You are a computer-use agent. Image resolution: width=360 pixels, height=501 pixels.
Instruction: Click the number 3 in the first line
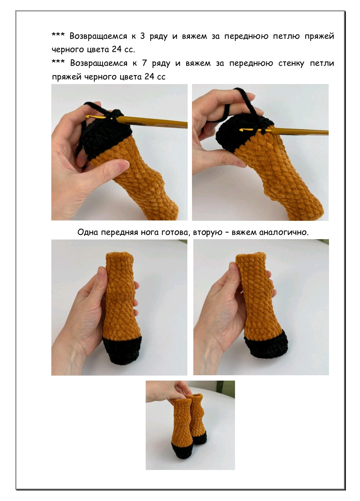(142, 36)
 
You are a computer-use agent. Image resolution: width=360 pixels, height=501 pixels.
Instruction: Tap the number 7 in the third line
(144, 63)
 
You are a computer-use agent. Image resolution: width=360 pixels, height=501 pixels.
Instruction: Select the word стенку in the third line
(291, 64)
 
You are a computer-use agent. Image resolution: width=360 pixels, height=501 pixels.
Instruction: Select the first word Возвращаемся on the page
(98, 36)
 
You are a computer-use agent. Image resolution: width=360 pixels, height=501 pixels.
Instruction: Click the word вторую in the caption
(208, 233)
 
